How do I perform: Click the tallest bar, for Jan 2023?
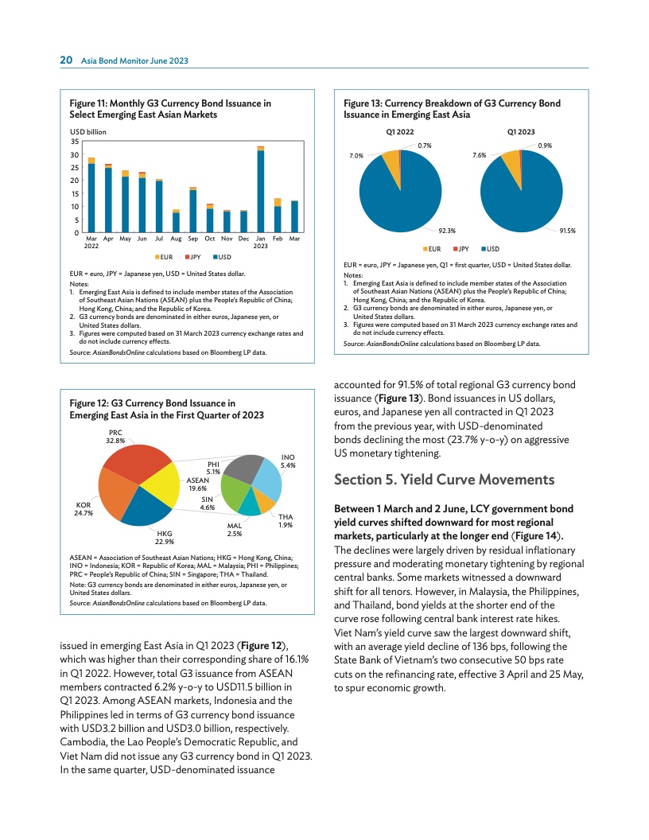(x=261, y=191)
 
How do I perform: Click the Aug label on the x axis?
(x=176, y=239)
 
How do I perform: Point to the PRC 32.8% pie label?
(x=115, y=437)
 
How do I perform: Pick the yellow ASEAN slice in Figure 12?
(x=163, y=486)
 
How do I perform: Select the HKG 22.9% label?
(x=165, y=537)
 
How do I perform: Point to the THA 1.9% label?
(x=286, y=521)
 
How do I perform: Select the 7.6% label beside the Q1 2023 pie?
(x=479, y=156)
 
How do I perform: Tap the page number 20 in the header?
(x=68, y=60)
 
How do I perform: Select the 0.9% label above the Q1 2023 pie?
(x=546, y=146)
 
